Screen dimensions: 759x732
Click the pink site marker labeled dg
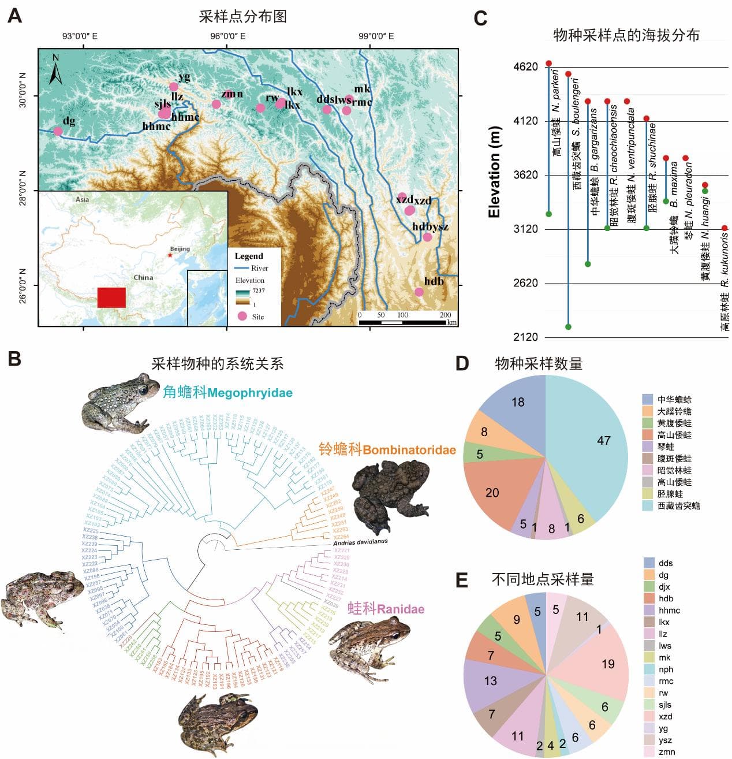pyautogui.click(x=58, y=131)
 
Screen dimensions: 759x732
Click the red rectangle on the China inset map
pyautogui.click(x=111, y=297)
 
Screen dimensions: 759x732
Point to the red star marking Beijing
pyautogui.click(x=169, y=255)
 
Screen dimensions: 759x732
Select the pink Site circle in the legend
pyautogui.click(x=242, y=316)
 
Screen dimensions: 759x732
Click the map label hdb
pyautogui.click(x=434, y=281)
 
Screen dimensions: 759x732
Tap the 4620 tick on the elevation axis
pyautogui.click(x=525, y=67)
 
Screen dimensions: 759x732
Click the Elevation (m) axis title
pyautogui.click(x=494, y=172)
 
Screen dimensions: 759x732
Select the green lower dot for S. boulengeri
pyautogui.click(x=568, y=327)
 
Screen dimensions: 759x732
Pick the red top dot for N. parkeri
pyautogui.click(x=549, y=63)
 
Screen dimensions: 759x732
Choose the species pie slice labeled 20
pyautogui.click(x=494, y=491)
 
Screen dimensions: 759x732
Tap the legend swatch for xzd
pyautogui.click(x=649, y=716)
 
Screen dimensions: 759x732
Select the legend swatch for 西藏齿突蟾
pyautogui.click(x=648, y=505)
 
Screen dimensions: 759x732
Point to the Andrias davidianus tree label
pyautogui.click(x=360, y=542)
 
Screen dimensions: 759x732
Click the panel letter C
pyautogui.click(x=480, y=18)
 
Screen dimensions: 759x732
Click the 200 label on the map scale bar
pyautogui.click(x=445, y=315)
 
